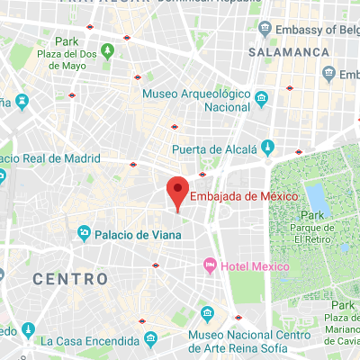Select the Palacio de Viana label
pos(139,235)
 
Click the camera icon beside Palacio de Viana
pos(84,235)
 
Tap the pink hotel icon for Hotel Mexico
pos(210,266)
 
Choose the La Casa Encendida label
pos(88,340)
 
